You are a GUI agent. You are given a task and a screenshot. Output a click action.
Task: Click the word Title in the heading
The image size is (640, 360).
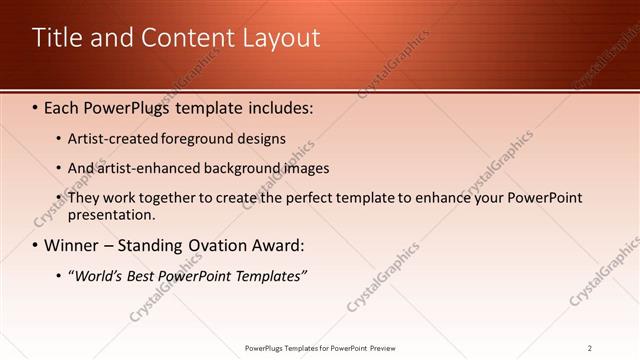coord(56,38)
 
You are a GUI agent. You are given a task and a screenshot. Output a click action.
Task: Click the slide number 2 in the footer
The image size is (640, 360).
coord(590,348)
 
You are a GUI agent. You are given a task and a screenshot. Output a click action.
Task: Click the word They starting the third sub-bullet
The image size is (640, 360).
coord(84,198)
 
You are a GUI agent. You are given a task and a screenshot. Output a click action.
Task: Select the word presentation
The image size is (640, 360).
coord(111,214)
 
